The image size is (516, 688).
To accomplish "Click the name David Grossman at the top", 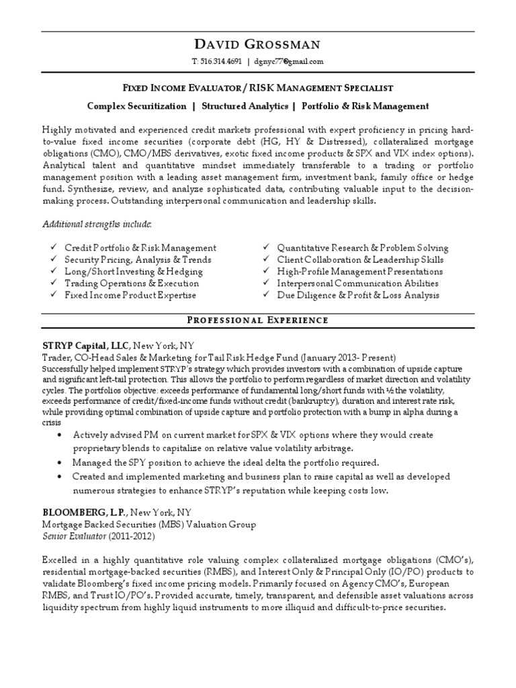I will click(x=257, y=45).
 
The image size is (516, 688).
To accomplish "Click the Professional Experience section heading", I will click(x=257, y=320).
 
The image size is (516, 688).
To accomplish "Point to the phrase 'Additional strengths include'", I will click(x=97, y=223).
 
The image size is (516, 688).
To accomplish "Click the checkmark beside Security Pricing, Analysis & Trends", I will click(x=53, y=259).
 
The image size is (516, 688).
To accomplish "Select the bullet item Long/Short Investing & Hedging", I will click(x=133, y=271).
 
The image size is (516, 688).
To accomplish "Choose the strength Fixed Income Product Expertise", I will click(x=130, y=295).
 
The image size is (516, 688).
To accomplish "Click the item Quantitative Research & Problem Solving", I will click(x=362, y=248).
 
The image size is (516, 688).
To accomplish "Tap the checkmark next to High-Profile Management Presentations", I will click(x=266, y=271).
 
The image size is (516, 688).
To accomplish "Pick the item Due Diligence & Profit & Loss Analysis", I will click(x=358, y=295).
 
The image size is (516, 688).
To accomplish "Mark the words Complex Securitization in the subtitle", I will click(x=136, y=106).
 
